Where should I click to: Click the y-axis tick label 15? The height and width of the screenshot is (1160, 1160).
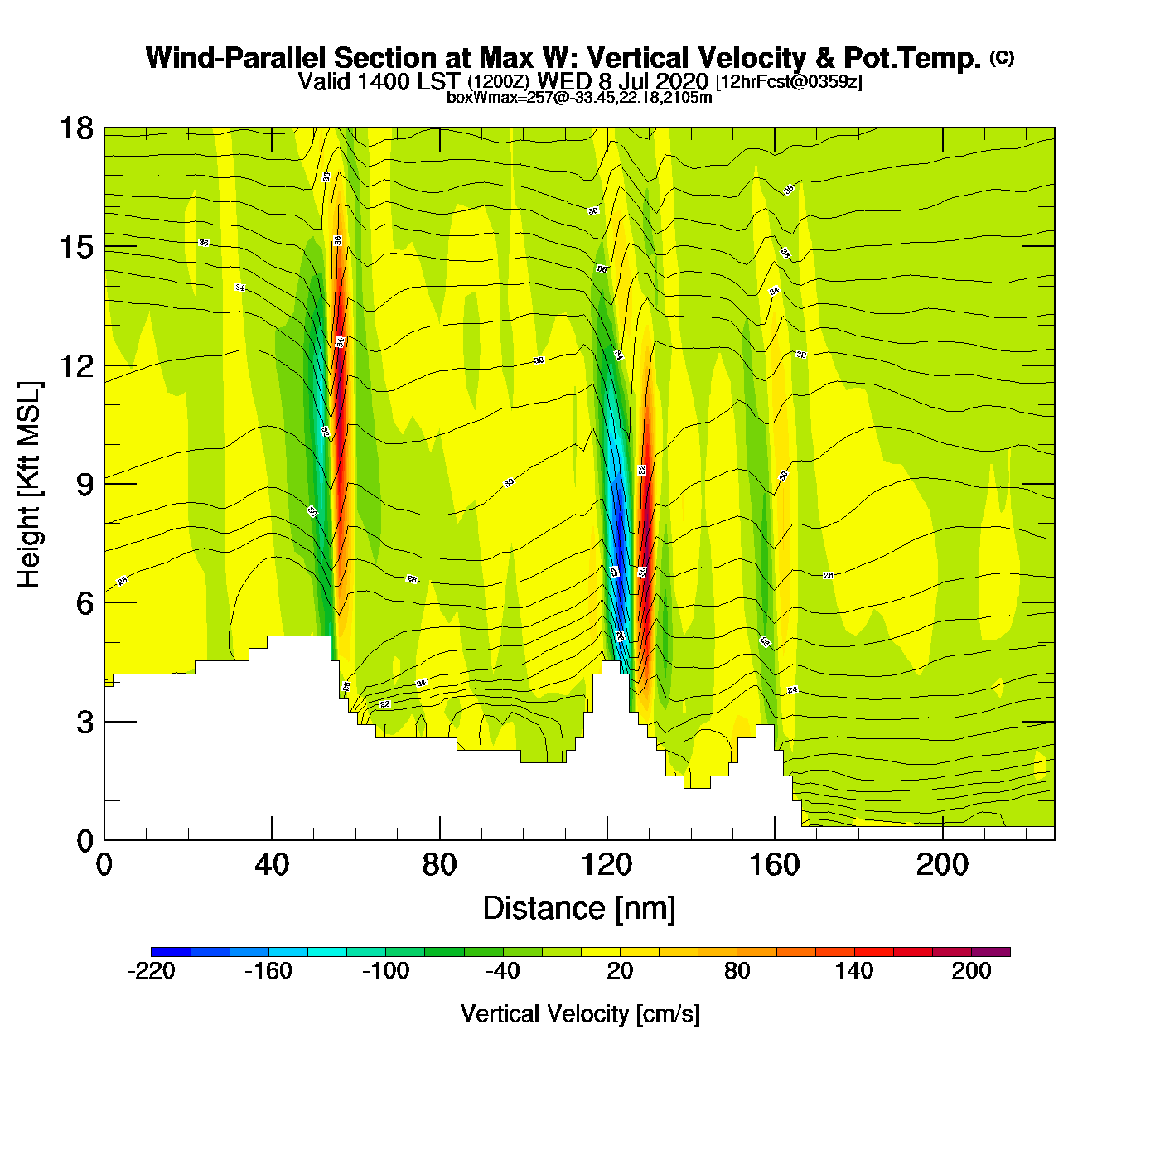[x=76, y=247]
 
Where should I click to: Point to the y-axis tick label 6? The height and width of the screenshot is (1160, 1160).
[x=85, y=603]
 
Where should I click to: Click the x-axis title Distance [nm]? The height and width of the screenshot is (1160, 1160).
[x=579, y=909]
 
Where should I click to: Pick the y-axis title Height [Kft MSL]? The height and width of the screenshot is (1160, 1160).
[x=29, y=485]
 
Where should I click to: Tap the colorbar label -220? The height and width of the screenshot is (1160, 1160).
[x=152, y=972]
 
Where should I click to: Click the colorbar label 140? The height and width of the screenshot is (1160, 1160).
[x=854, y=972]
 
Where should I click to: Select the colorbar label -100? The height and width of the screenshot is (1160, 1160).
[x=386, y=972]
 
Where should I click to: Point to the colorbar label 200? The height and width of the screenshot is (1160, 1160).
[x=971, y=972]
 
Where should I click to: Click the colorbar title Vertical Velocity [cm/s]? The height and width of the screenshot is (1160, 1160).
[x=580, y=1014]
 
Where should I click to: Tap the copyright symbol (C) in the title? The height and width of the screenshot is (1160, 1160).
[x=1002, y=57]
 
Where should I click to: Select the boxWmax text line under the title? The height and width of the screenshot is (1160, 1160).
[x=579, y=97]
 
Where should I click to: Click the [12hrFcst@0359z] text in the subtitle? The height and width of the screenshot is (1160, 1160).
[x=789, y=82]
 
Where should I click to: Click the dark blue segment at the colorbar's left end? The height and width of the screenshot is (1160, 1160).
[x=171, y=952]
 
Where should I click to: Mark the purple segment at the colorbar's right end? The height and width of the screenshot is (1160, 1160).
[x=991, y=952]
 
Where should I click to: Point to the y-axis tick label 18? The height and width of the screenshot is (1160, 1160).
[x=76, y=128]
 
